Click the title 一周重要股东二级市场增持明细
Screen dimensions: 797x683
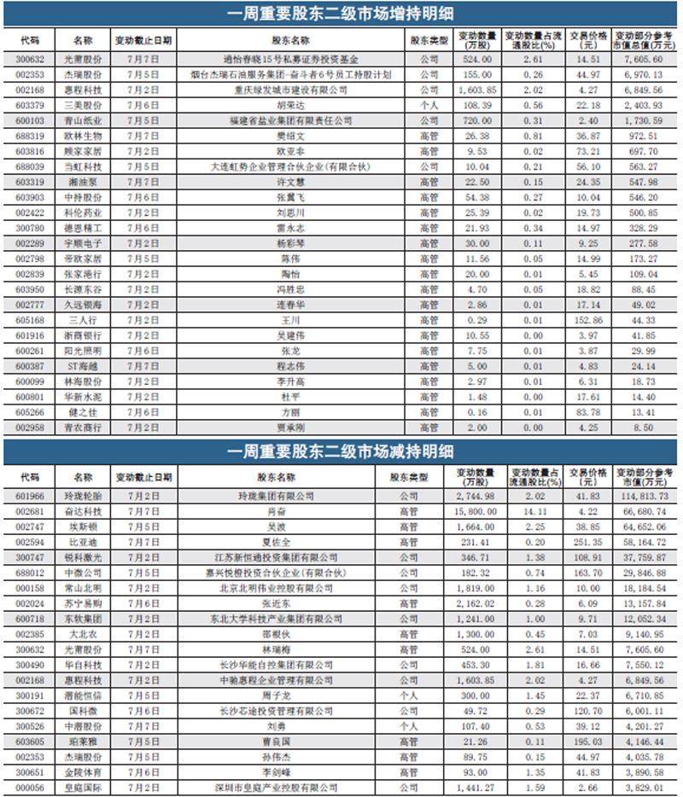341,15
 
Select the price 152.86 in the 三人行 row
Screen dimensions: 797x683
585,320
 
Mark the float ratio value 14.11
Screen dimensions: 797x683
532,510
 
